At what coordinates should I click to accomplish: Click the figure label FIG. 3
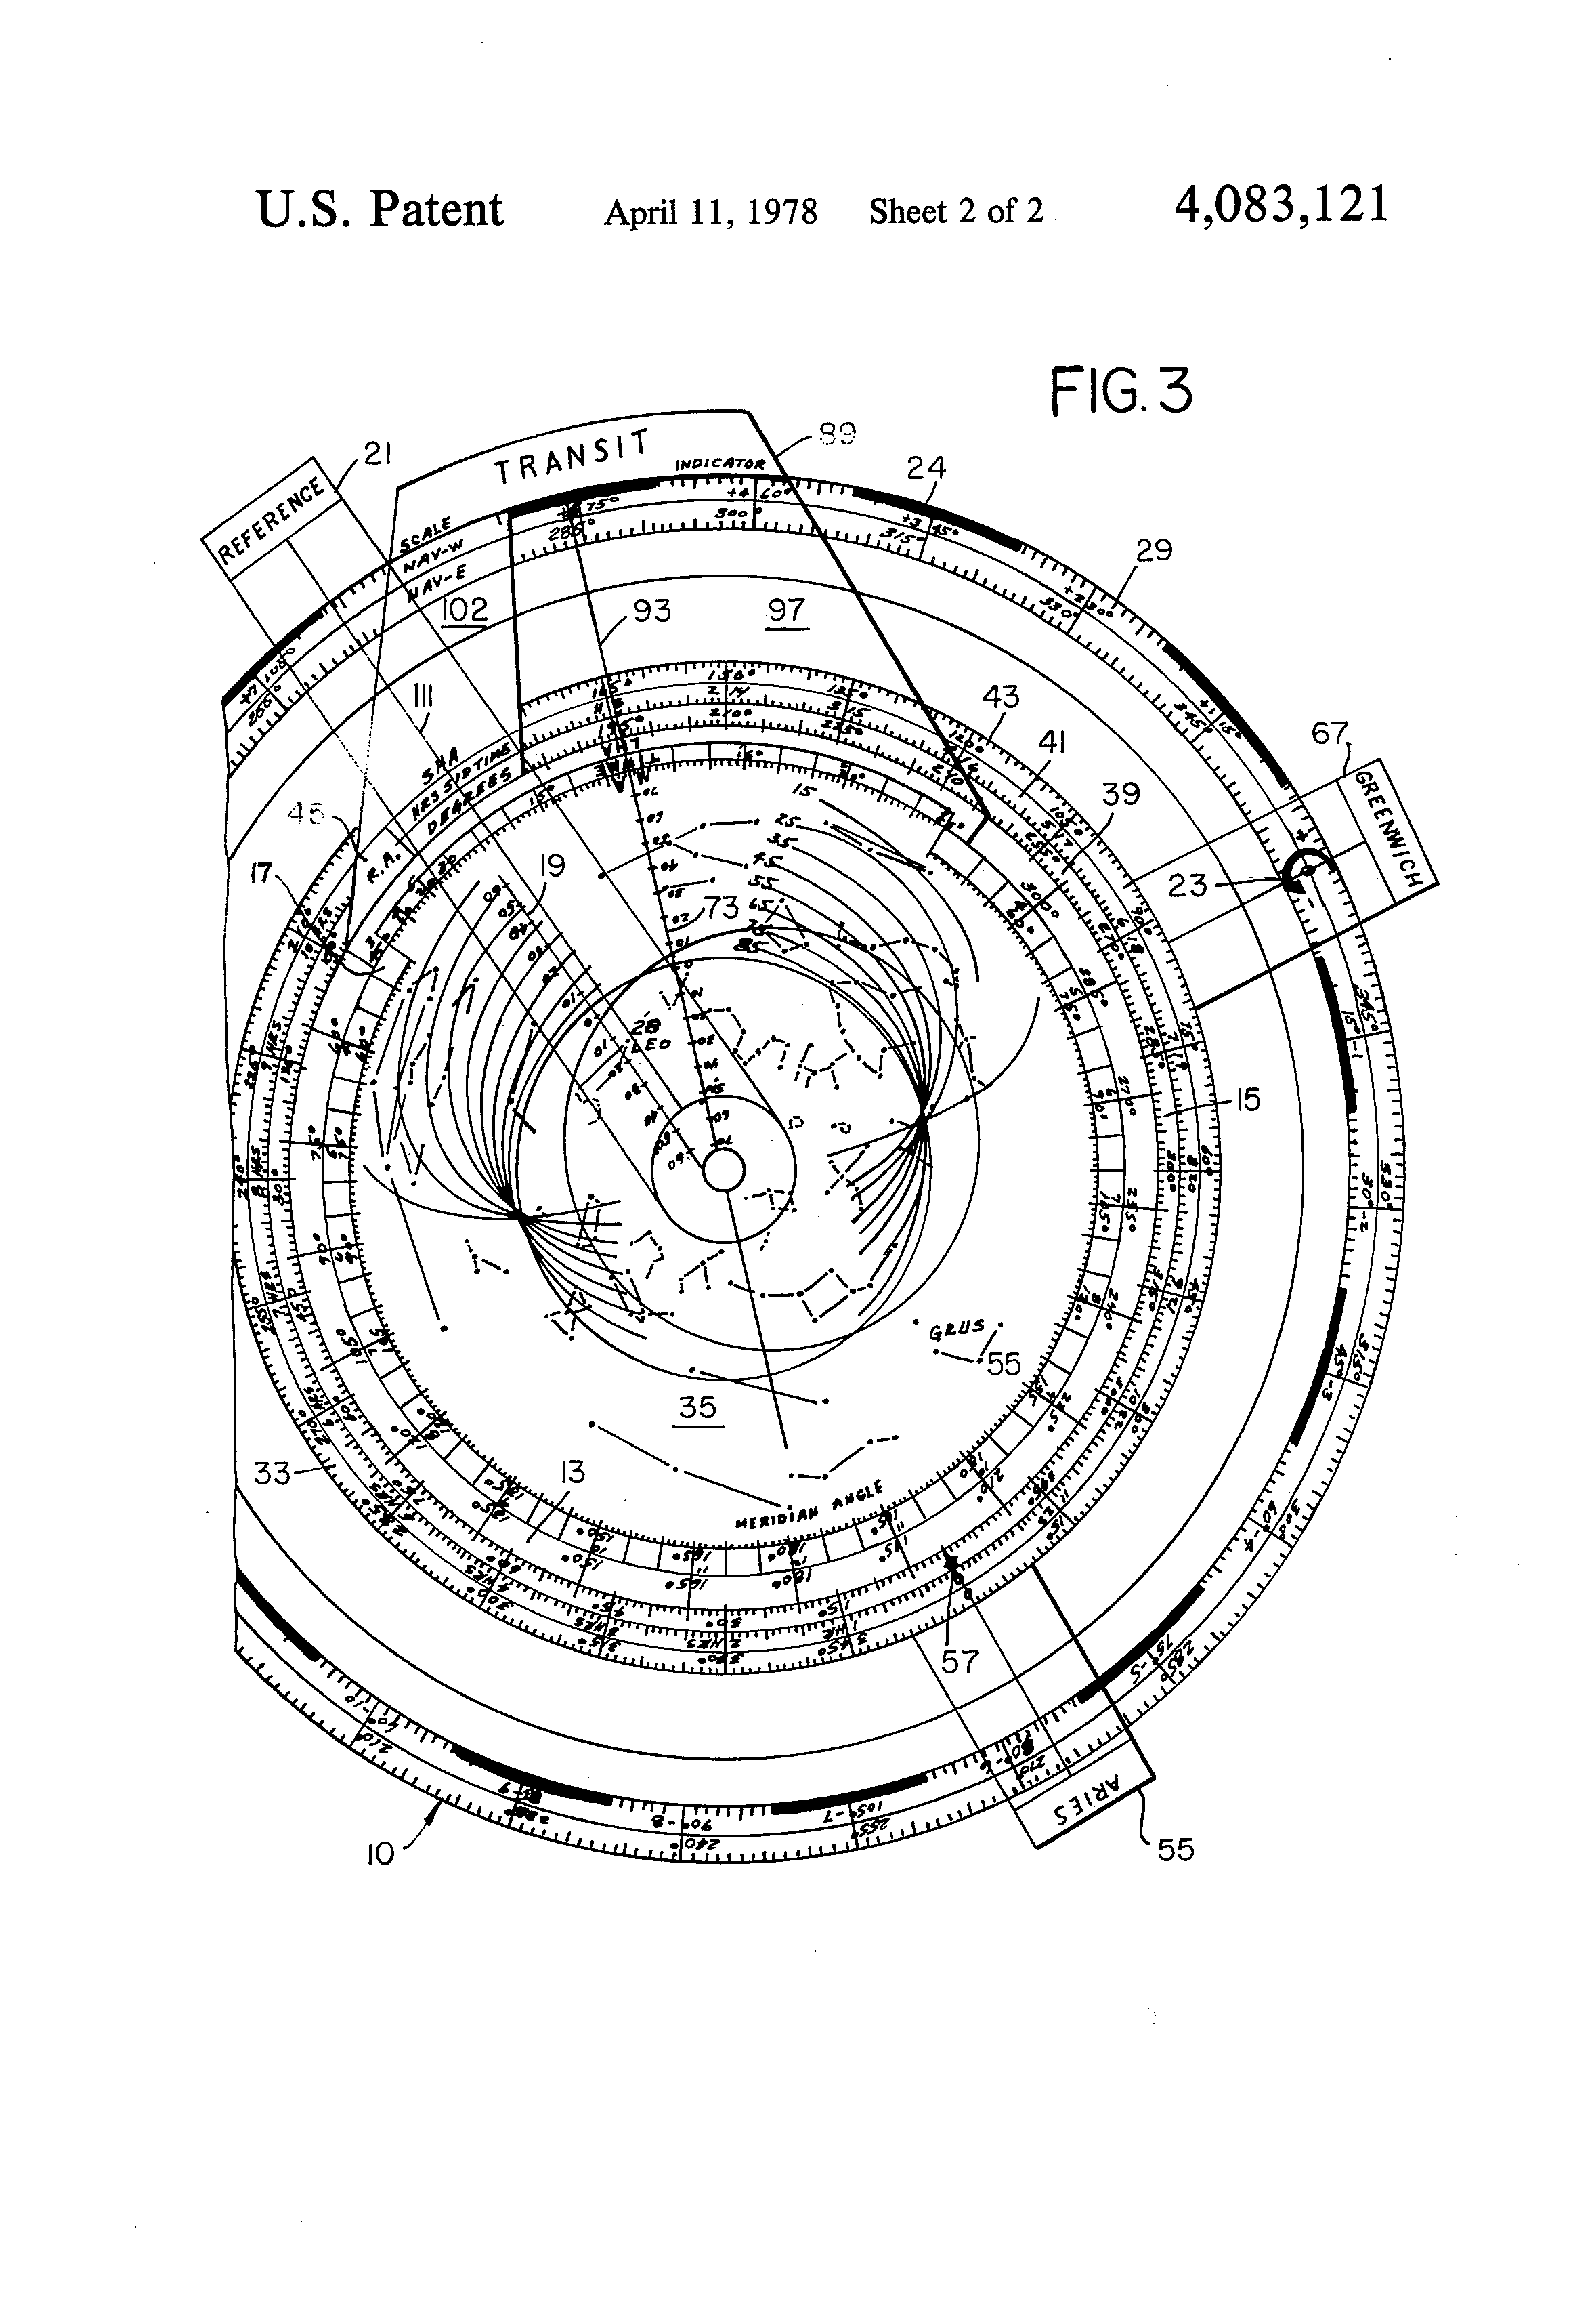point(1120,390)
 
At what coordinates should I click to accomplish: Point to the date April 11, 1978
point(710,211)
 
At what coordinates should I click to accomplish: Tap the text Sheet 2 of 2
point(955,211)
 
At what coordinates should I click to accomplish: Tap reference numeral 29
point(1154,549)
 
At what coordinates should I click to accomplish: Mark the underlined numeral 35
point(697,1406)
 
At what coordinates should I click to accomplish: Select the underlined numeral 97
point(785,610)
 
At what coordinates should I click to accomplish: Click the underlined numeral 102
point(465,609)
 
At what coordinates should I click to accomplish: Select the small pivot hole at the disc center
point(724,1170)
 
